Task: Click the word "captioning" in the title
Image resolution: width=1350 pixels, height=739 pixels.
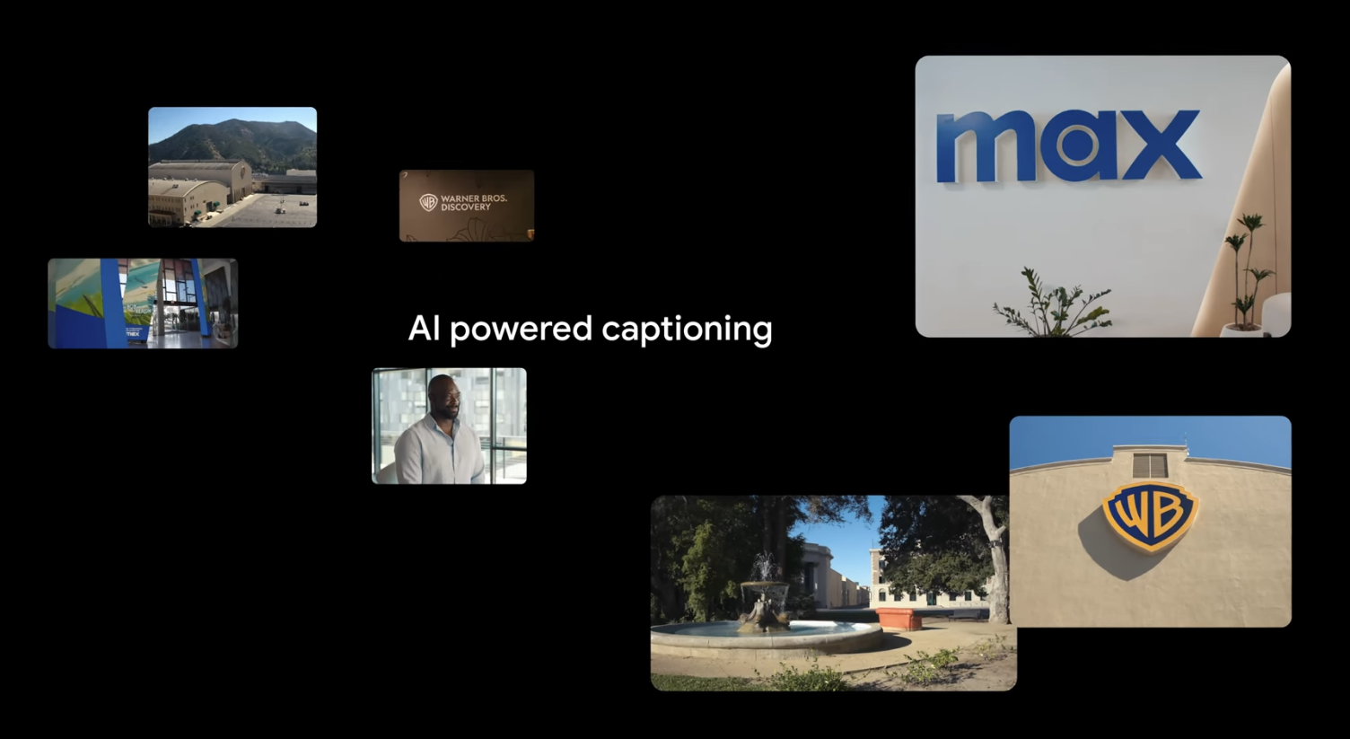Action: coord(687,330)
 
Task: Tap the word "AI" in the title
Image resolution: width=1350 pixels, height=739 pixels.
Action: coord(424,329)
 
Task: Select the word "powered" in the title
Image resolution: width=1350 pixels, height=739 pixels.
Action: coord(521,330)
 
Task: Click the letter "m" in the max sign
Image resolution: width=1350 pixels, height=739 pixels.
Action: coord(983,147)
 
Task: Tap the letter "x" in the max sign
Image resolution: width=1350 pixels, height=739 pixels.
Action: coord(1160,145)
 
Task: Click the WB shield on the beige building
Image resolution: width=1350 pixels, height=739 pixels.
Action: coord(1150,515)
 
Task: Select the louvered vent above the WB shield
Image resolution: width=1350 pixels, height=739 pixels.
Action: coord(1150,465)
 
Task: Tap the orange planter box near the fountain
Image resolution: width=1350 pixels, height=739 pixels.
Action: coord(899,619)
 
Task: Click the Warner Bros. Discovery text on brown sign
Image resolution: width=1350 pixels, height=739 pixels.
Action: coord(474,203)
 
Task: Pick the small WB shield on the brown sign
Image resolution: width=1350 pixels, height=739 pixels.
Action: coord(428,203)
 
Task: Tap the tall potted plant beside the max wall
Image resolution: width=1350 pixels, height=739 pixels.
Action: coord(1247,269)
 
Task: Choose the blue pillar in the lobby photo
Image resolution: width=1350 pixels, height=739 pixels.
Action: coord(112,303)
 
